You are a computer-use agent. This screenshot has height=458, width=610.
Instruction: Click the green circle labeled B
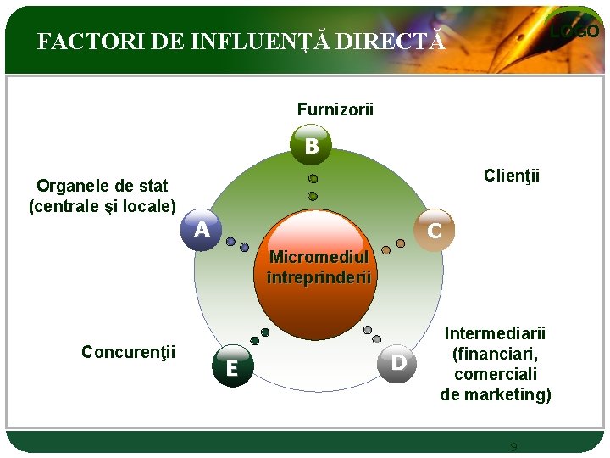coord(312,146)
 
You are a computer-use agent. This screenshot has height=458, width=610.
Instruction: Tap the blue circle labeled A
coord(202,229)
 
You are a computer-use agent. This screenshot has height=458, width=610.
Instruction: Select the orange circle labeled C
coord(434,229)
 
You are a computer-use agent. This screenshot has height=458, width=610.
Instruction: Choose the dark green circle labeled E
coord(231,367)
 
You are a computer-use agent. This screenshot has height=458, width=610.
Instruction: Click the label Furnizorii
coord(335,109)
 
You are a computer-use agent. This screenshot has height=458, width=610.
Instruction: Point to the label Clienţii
coord(511,176)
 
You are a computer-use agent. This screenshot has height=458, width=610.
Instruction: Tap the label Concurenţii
coord(128,351)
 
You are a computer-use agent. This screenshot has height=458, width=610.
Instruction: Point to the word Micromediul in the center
coord(319,257)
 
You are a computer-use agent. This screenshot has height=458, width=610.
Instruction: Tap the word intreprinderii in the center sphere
coord(319,276)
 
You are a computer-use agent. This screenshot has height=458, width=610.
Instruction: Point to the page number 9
coord(513,447)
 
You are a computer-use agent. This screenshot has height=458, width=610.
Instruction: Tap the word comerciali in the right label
coord(495,374)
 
